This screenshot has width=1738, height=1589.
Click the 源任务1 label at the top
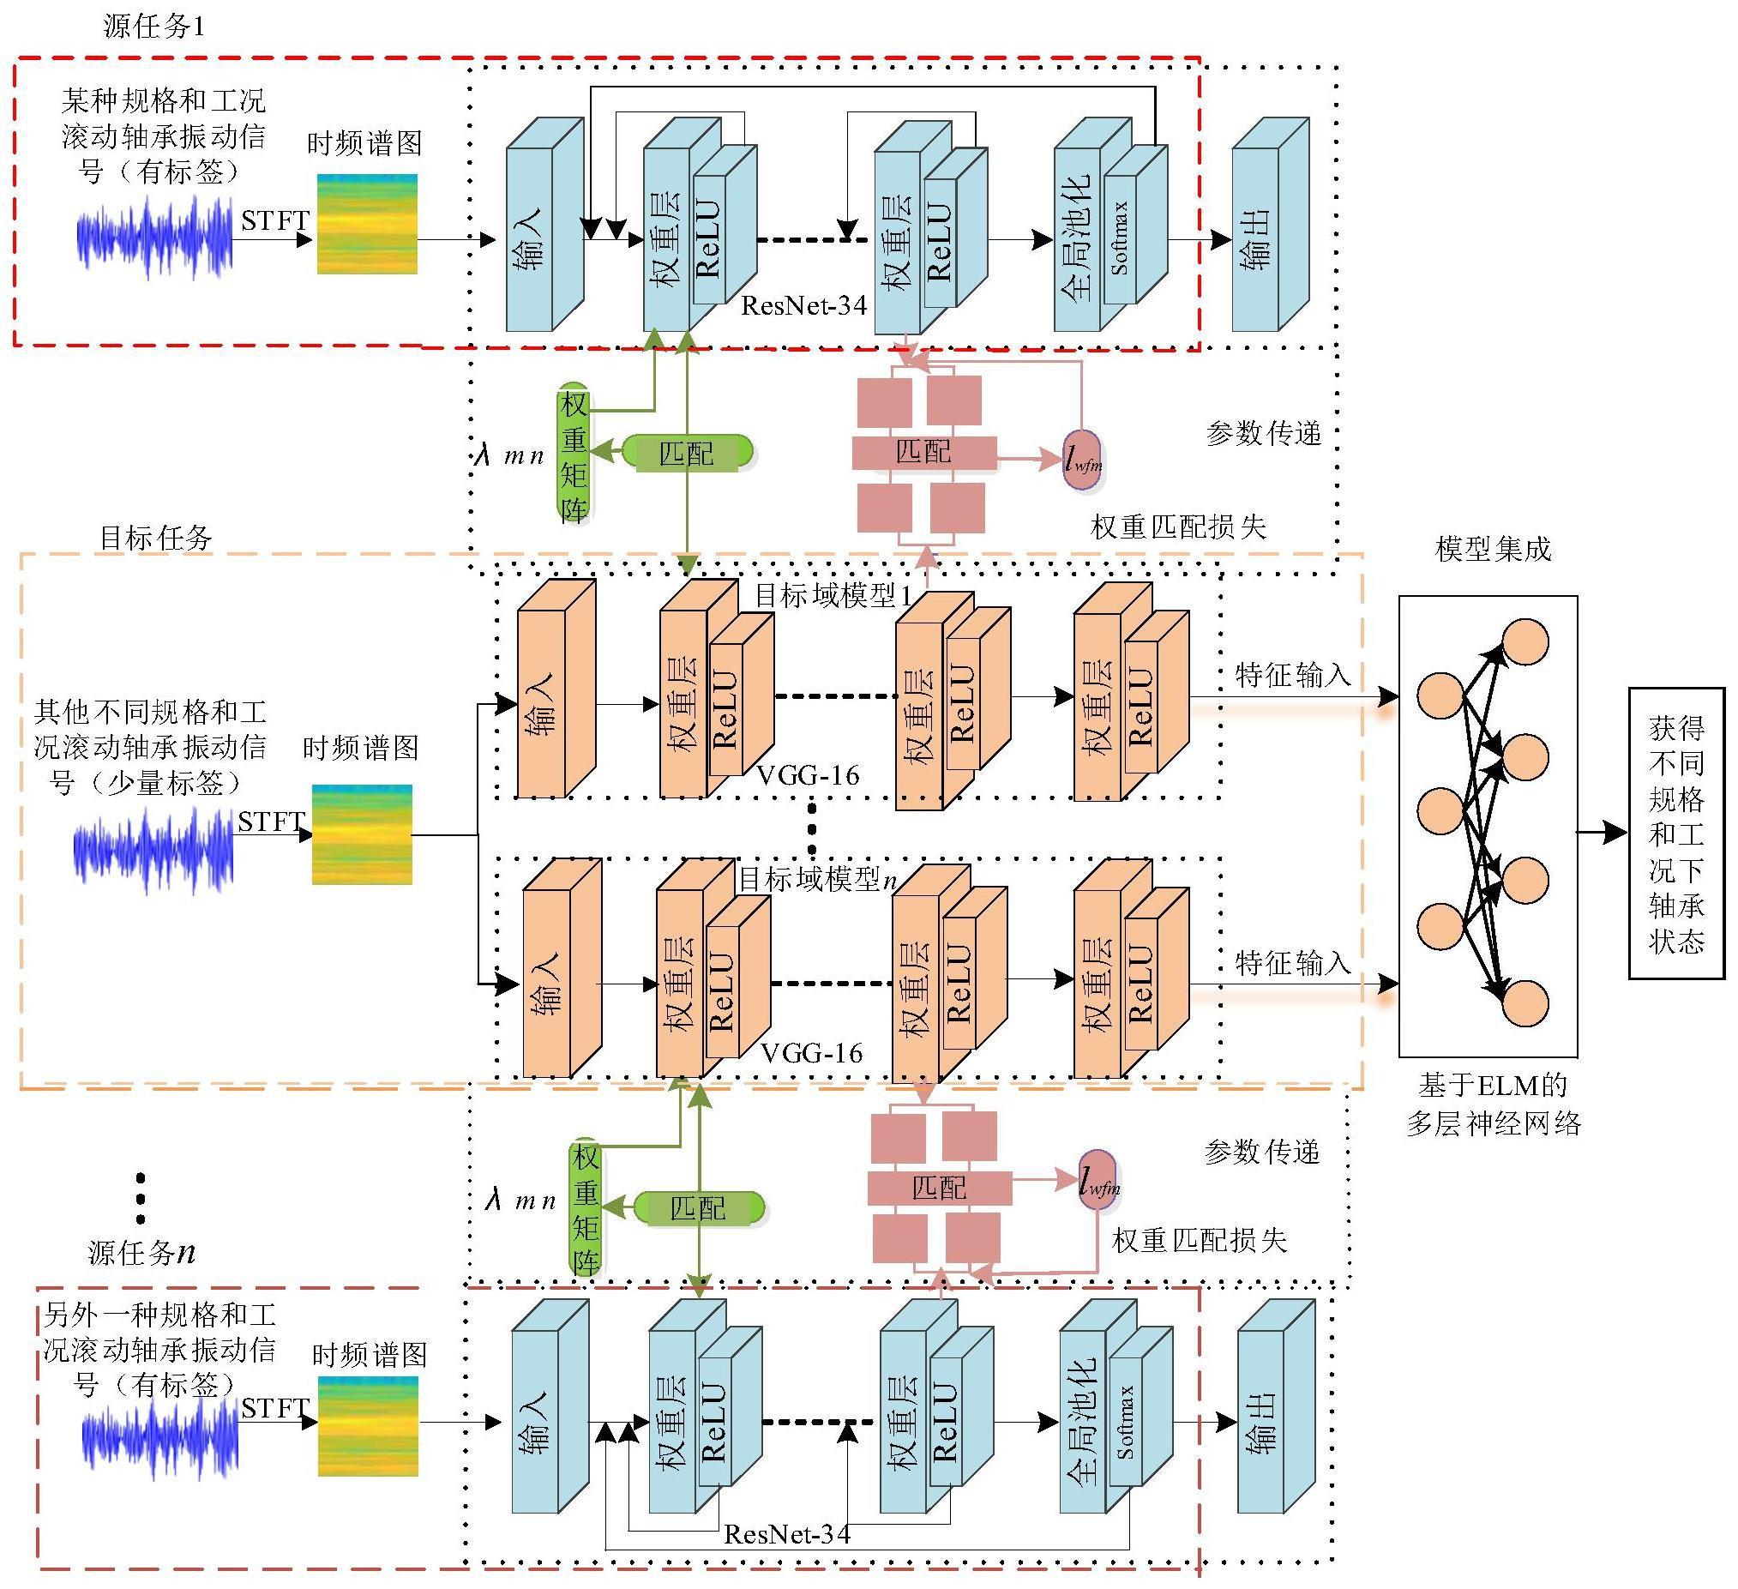(154, 27)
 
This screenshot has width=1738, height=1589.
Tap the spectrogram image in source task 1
(367, 224)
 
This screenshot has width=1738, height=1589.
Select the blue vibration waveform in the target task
(153, 849)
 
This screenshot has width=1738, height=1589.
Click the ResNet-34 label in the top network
(803, 305)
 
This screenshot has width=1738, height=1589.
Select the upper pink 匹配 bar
(924, 452)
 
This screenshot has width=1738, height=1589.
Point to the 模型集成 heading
(1493, 549)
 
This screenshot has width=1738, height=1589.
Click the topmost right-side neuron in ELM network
(1526, 641)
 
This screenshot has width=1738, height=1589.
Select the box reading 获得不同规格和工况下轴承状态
(1676, 833)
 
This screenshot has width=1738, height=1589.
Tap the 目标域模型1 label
(833, 595)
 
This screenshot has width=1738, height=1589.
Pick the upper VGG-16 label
(808, 776)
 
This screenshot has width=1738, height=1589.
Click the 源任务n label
(141, 1252)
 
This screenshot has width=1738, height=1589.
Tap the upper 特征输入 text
(1292, 674)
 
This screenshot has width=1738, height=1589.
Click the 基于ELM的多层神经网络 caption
(1493, 1104)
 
